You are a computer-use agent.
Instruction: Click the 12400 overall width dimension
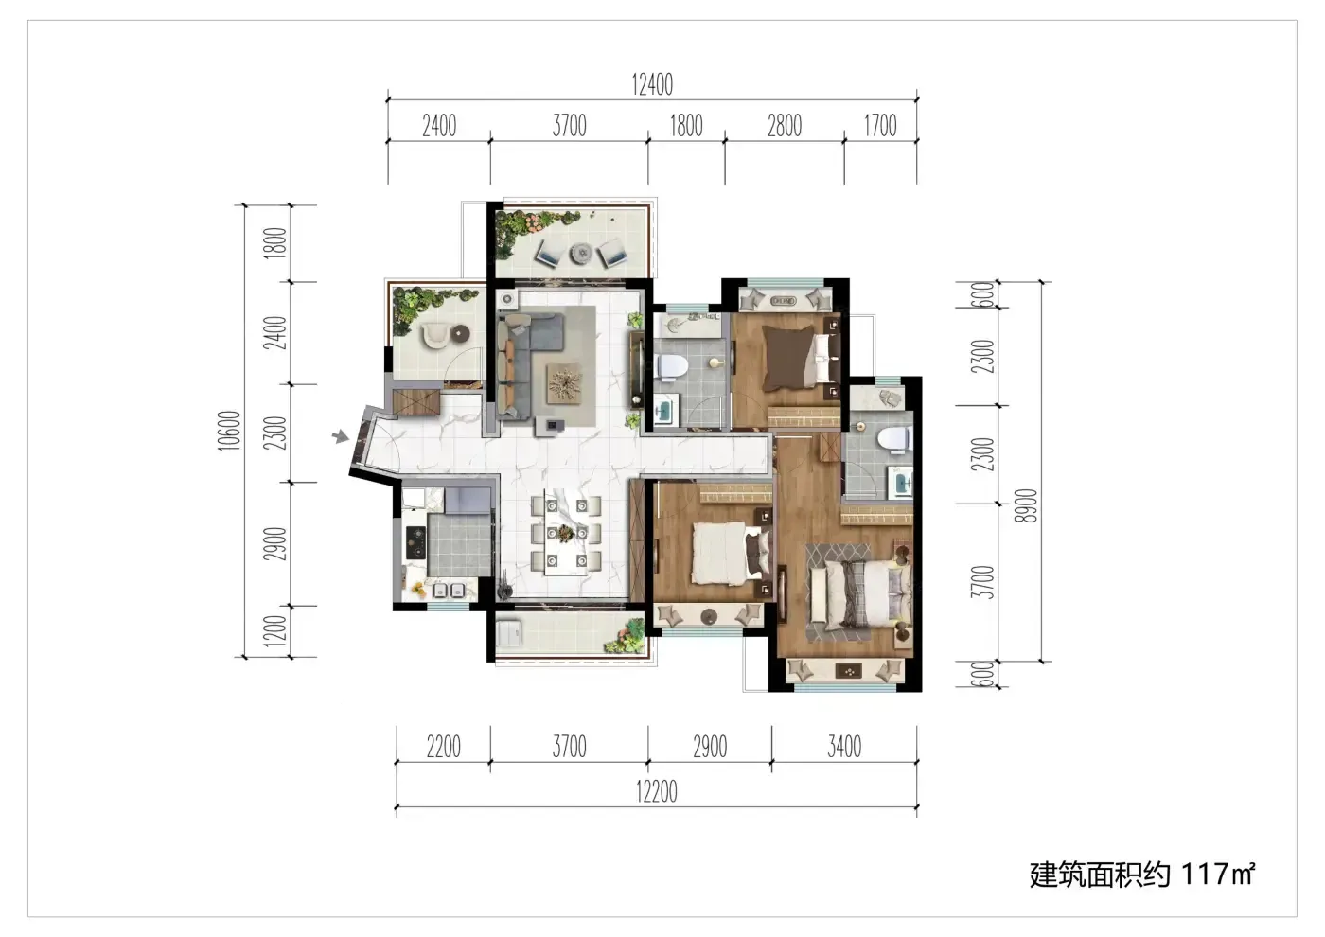[652, 84]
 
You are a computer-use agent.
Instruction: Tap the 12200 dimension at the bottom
[657, 791]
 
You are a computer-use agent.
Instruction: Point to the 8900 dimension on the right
[1025, 505]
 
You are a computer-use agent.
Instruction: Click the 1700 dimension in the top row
[880, 126]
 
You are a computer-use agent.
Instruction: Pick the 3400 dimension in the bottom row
[844, 747]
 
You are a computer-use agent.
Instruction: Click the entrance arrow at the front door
[340, 437]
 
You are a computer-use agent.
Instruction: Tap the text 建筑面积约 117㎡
[1141, 875]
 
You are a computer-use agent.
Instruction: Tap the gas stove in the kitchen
[415, 542]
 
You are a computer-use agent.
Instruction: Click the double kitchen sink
[449, 590]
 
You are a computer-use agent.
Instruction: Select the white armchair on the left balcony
[435, 335]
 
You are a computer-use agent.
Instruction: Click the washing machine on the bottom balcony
[509, 633]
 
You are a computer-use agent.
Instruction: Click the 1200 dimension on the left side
[275, 631]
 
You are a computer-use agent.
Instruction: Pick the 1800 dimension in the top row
[686, 126]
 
